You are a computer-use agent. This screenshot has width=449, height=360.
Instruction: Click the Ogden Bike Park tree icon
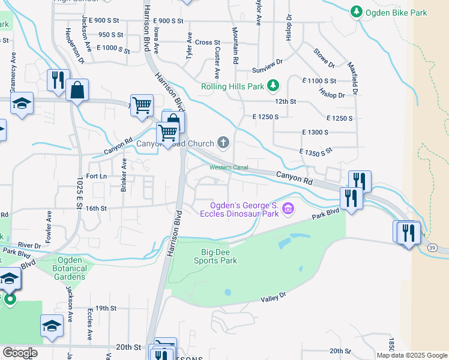pos(357,11)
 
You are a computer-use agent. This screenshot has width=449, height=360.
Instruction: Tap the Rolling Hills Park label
pos(229,86)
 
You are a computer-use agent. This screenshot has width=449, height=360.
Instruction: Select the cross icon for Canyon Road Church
pos(223,143)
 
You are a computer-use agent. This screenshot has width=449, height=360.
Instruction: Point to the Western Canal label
pos(228,167)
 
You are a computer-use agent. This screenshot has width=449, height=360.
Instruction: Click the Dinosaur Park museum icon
pos(289,209)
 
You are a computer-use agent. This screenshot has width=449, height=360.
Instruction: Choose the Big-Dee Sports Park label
pos(215,256)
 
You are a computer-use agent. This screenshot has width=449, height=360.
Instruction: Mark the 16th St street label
pos(95,208)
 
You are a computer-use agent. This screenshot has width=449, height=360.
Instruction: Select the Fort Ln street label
pos(96,176)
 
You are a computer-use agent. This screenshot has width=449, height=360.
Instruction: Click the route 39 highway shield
pos(432,247)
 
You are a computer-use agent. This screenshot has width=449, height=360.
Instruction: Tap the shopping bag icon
pos(77,91)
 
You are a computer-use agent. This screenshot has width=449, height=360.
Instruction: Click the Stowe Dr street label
pos(323,56)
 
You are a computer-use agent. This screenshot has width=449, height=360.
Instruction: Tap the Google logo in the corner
pos(19,353)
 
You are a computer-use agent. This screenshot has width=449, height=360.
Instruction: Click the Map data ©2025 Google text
pos(412,355)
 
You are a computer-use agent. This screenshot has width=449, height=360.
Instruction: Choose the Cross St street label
pos(208,43)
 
